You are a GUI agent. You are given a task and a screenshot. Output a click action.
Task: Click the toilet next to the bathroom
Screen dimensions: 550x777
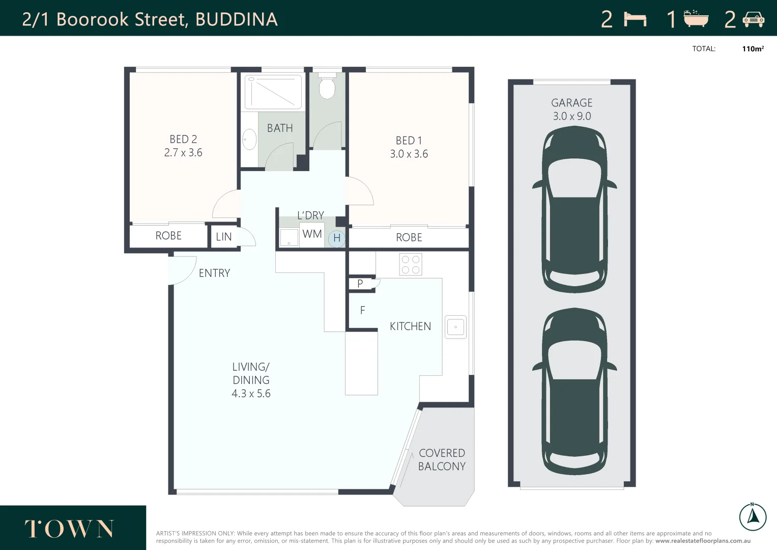(x=327, y=87)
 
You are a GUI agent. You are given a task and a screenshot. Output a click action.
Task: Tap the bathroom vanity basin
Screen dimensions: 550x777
(x=249, y=139)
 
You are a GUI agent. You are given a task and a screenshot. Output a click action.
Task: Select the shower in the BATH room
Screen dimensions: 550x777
(x=273, y=92)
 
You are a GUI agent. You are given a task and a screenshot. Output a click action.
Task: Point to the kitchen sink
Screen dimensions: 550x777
(x=455, y=327)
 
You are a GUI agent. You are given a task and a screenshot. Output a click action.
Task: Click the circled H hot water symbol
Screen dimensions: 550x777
(x=336, y=238)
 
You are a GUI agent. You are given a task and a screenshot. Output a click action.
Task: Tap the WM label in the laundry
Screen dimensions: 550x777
(x=312, y=234)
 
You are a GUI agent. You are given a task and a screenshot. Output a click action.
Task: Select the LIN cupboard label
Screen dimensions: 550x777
(x=224, y=237)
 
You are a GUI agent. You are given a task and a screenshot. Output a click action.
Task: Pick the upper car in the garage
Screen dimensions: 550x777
(x=574, y=209)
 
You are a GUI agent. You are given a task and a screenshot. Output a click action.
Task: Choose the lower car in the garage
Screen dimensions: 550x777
(x=574, y=391)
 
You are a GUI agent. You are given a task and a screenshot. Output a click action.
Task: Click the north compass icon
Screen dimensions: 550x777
(x=753, y=516)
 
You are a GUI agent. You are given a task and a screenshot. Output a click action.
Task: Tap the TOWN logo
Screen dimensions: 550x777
(x=70, y=529)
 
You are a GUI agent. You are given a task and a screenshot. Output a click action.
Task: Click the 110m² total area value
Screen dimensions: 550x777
(x=753, y=49)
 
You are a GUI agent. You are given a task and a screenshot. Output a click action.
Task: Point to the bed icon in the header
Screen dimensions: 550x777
(x=635, y=19)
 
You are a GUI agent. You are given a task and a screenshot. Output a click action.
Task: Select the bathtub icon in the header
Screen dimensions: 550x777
(x=696, y=19)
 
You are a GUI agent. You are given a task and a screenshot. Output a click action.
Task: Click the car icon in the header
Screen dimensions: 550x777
(x=753, y=19)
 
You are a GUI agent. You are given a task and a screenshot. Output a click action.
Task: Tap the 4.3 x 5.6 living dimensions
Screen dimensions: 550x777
(x=251, y=394)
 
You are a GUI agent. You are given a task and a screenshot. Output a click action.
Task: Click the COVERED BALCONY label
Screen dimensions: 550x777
(x=442, y=460)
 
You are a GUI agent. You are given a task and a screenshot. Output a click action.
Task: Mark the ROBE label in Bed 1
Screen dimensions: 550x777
(x=409, y=237)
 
